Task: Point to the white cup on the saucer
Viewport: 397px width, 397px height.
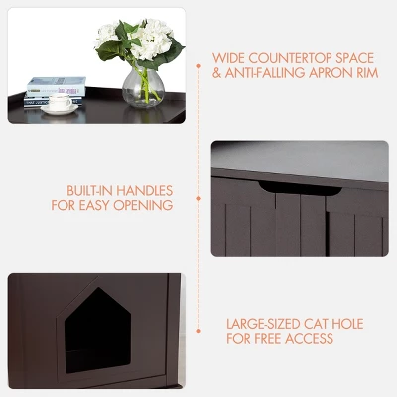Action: point(63,101)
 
